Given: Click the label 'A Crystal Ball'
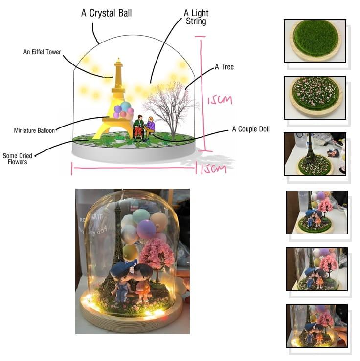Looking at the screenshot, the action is (x=107, y=13).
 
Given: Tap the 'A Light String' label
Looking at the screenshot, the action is (x=196, y=17).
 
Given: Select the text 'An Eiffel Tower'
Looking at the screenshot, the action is (x=42, y=52).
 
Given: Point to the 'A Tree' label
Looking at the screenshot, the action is (x=224, y=67).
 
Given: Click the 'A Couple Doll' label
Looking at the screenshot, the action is (x=251, y=129).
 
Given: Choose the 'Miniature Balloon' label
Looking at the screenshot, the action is (x=34, y=130).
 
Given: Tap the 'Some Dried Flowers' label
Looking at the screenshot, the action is (x=18, y=159).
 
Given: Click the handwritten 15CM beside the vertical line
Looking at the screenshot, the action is (x=220, y=100).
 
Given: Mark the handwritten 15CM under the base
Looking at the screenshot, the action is (x=213, y=169).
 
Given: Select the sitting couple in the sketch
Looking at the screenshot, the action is (x=144, y=128).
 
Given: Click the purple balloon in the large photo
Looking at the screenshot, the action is (x=146, y=230).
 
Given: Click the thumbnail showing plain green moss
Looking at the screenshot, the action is (x=315, y=41).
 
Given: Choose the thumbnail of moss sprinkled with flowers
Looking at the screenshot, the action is (x=315, y=98).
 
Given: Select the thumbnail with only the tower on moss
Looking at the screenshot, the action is (x=315, y=154).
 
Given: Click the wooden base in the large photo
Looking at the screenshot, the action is (x=132, y=319).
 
